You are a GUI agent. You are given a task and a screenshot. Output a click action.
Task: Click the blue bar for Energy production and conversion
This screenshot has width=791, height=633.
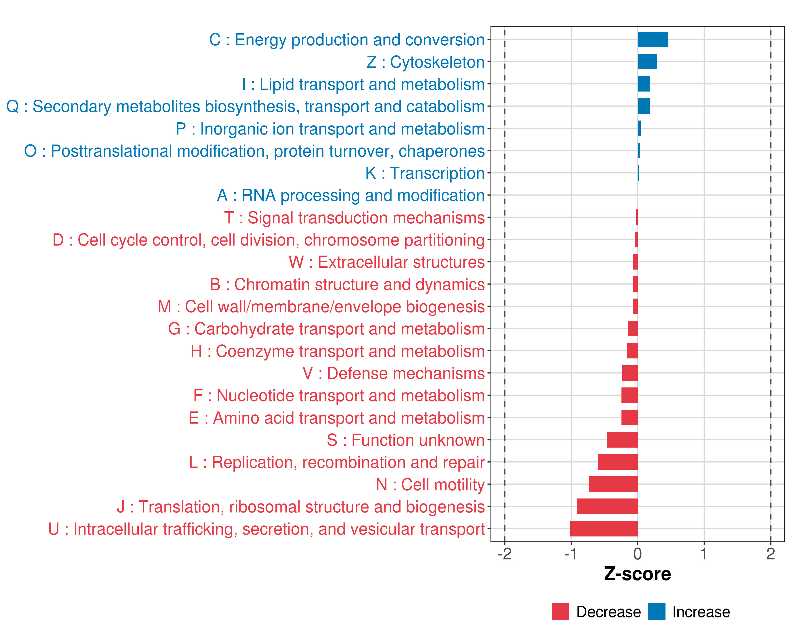pos(653,40)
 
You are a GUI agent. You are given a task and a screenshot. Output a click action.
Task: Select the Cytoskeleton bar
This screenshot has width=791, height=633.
pos(647,62)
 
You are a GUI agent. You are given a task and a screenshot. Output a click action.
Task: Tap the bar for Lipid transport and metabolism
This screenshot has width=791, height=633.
pos(644,84)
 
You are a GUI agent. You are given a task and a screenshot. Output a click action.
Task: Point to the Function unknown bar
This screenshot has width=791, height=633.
pos(622,440)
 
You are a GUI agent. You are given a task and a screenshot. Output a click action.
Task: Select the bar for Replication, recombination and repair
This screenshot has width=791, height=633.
pos(618,462)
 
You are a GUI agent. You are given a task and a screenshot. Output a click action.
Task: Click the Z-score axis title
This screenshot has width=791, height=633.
pos(637,574)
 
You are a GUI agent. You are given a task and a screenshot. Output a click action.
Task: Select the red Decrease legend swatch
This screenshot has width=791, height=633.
pos(560,611)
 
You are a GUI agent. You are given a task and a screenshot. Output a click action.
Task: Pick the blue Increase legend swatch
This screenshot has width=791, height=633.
pos(656,611)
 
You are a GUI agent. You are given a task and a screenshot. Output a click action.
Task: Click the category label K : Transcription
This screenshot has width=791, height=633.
pos(425,173)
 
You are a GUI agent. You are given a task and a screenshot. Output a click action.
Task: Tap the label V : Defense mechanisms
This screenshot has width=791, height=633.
pos(393,373)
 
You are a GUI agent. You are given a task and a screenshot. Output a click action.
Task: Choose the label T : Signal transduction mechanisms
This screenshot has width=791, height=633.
pos(354,218)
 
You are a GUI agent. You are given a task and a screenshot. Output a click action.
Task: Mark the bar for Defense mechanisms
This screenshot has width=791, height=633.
pos(630,373)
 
